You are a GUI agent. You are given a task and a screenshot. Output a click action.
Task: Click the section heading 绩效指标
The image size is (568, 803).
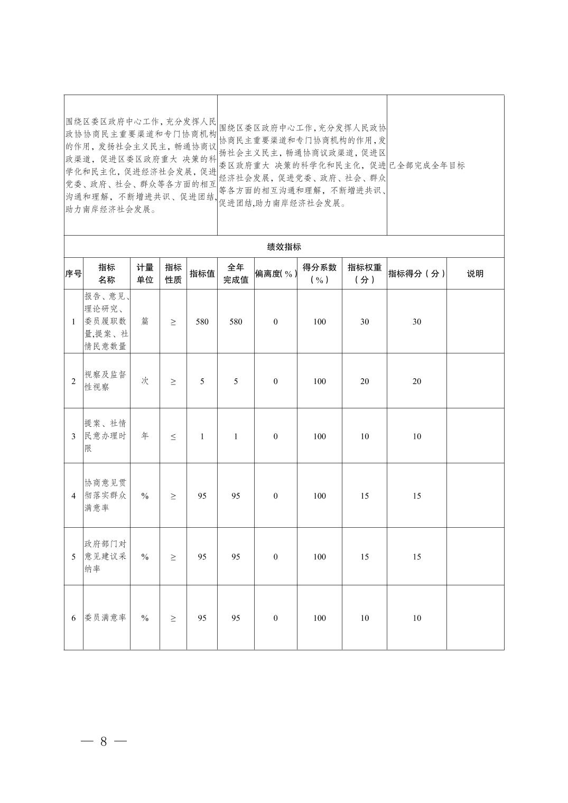click(284, 247)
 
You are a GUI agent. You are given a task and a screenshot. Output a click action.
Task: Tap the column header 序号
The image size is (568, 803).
click(73, 274)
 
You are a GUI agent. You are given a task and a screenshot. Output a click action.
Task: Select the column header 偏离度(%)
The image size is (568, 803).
click(275, 274)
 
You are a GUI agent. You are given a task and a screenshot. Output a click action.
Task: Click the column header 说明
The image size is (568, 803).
click(475, 274)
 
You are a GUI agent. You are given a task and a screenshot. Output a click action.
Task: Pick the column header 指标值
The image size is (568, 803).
click(202, 274)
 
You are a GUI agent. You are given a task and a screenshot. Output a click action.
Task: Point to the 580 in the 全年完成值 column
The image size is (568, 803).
click(236, 322)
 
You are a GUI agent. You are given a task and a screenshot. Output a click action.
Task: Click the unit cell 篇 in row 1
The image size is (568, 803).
click(145, 322)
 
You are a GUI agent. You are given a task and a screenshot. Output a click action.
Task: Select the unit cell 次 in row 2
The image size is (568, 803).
click(145, 381)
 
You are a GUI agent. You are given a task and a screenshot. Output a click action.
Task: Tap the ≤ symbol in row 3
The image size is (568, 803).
click(173, 436)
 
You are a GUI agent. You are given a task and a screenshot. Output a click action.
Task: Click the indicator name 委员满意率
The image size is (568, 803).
click(106, 618)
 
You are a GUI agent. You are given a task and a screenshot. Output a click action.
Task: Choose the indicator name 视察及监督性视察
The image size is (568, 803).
click(106, 381)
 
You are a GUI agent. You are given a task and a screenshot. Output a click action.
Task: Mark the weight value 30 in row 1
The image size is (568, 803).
click(365, 322)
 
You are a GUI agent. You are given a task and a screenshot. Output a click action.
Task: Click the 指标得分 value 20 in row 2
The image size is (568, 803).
click(417, 381)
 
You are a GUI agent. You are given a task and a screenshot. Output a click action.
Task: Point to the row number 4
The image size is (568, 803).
click(73, 496)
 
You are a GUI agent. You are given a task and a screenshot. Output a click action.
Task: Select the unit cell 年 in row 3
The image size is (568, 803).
click(145, 436)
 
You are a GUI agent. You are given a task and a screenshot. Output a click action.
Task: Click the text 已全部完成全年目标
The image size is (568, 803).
click(427, 165)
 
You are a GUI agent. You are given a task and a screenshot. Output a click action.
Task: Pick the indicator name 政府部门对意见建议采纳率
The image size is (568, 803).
click(106, 556)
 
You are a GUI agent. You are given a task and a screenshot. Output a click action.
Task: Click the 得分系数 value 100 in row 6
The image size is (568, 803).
click(320, 618)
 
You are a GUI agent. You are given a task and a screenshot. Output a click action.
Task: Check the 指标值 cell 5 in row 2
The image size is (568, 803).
click(202, 381)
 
